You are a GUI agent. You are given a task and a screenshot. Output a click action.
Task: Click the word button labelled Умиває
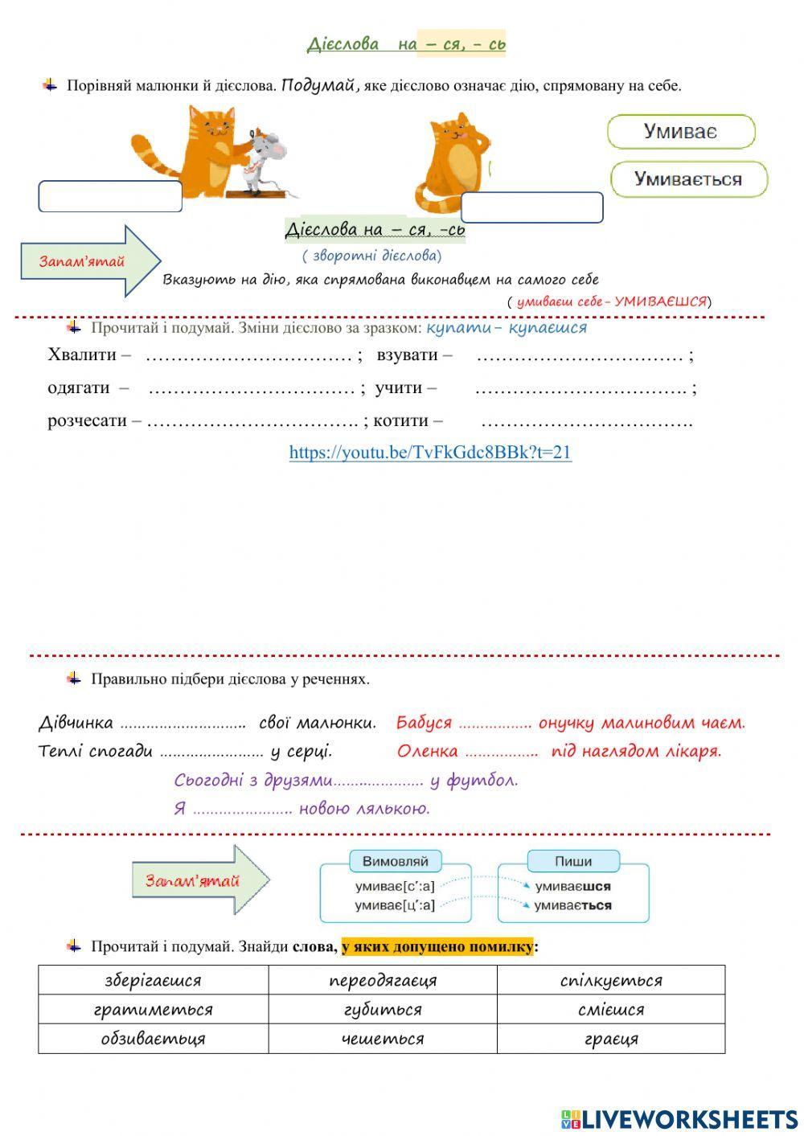[x=681, y=132]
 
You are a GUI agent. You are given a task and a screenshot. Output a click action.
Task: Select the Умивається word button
[x=688, y=179]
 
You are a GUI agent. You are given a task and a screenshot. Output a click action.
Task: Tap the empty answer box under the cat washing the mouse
[x=110, y=196]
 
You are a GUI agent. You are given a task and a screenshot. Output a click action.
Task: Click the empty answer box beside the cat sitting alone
[x=531, y=207]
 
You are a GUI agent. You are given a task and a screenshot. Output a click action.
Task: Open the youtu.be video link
[x=430, y=452]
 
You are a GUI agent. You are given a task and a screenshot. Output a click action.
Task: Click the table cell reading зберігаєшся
[x=153, y=980]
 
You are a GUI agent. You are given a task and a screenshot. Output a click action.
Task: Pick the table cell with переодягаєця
[x=383, y=980]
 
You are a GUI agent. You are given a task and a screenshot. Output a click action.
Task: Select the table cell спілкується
[x=611, y=980]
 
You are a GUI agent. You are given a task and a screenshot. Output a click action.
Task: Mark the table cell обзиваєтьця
[x=153, y=1038]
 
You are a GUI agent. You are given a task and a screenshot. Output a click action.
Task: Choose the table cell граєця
[x=611, y=1038]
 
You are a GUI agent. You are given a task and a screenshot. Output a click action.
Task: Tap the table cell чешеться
[x=383, y=1038]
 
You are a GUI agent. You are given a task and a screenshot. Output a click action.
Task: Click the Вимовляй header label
[x=396, y=861]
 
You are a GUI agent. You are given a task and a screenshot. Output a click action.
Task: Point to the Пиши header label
[x=573, y=861]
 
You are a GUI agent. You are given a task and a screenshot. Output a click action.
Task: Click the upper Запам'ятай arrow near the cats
[x=90, y=261]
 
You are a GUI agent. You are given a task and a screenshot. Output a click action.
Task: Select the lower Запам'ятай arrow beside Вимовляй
[x=200, y=880]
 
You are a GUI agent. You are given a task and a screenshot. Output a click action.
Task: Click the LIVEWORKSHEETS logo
[x=679, y=1118]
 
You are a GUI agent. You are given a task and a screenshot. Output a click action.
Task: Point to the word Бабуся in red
[x=424, y=723]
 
